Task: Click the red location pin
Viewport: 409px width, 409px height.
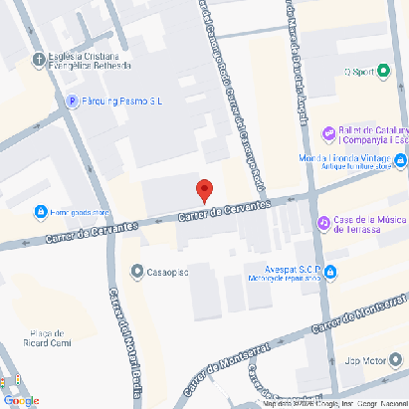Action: (204, 189)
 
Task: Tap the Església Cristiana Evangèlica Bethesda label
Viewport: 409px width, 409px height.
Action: (90, 62)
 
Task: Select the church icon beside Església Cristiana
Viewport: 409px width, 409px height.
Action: (39, 57)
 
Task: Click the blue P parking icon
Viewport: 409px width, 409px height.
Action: (71, 101)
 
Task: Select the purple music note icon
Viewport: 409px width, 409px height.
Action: (322, 223)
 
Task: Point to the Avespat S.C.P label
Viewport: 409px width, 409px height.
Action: (283, 268)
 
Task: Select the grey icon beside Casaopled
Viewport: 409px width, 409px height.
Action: (136, 271)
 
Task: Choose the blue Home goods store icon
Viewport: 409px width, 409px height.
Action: (41, 212)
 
